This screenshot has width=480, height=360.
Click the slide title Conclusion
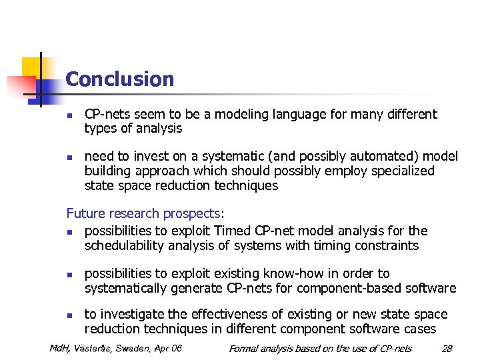point(120,79)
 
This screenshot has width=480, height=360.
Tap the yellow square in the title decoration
point(33,67)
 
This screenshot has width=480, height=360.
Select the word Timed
point(233,231)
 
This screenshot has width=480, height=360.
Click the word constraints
point(387,246)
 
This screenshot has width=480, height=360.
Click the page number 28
point(447,349)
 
